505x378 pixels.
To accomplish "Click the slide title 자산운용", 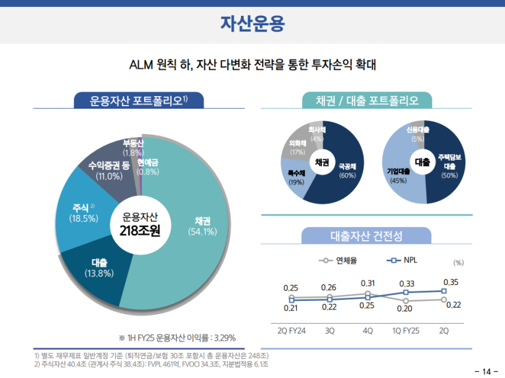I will click(x=252, y=24).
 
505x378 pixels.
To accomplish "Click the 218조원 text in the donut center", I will click(x=140, y=231).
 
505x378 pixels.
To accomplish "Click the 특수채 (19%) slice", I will click(x=297, y=176).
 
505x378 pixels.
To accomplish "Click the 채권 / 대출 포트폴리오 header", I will click(x=367, y=101).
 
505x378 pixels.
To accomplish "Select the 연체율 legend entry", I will click(x=338, y=260).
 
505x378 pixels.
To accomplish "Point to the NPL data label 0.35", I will click(x=451, y=282).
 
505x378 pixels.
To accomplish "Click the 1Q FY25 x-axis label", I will click(x=406, y=331).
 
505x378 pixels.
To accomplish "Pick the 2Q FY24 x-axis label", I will click(x=292, y=331).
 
